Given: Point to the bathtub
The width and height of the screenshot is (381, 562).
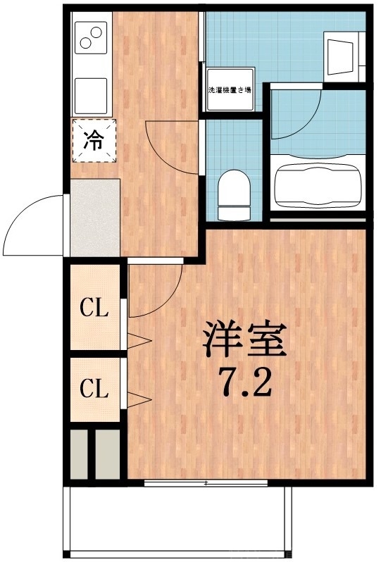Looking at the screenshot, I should [x=316, y=187].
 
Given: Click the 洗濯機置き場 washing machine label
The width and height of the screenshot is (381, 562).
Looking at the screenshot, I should [x=230, y=90].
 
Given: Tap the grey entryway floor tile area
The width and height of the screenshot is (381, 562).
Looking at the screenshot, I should [x=94, y=217].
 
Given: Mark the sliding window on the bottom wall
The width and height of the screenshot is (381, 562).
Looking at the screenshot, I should [x=206, y=483].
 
